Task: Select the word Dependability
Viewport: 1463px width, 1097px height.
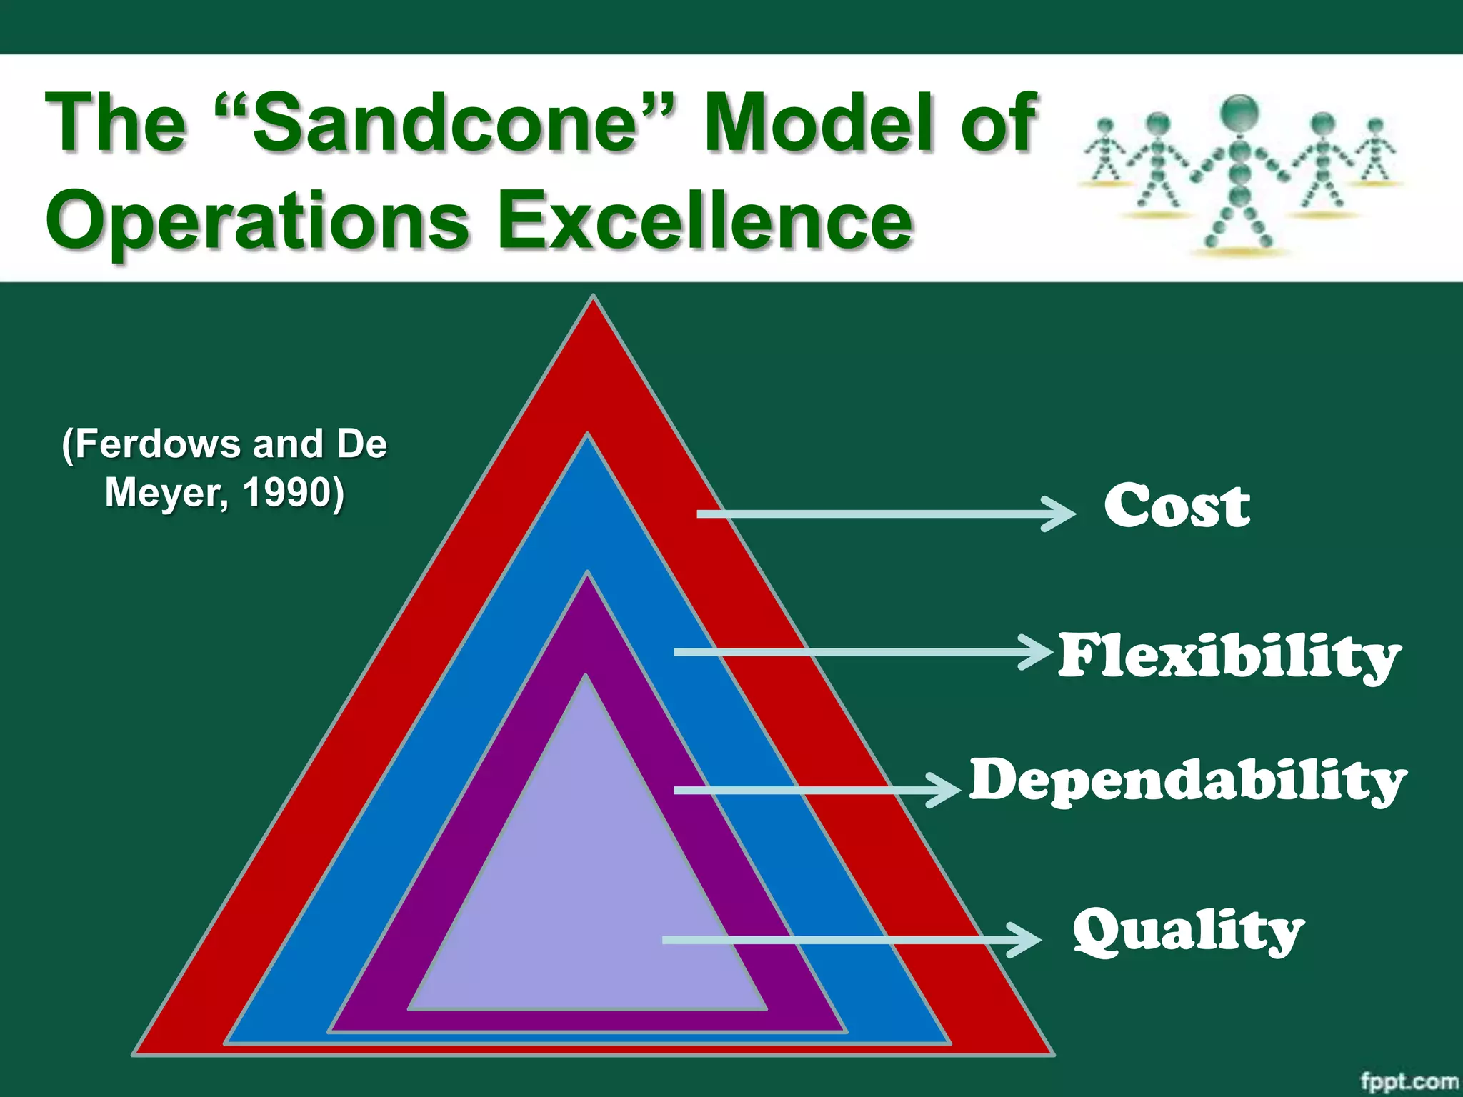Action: [x=1187, y=780]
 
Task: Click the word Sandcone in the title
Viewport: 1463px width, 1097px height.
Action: [x=443, y=122]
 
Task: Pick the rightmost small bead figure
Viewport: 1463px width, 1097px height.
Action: [x=1374, y=151]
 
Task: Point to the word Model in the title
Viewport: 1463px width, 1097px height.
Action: [x=822, y=122]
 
